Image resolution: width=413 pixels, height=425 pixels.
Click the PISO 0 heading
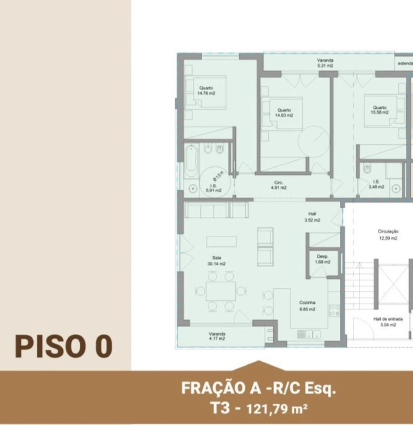[64, 346]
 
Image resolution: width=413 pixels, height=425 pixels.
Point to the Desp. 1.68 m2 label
[322, 259]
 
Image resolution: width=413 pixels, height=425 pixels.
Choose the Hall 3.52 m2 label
[312, 217]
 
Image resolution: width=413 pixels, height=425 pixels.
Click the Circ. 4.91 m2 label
[278, 185]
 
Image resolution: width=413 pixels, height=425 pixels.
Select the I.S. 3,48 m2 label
[376, 184]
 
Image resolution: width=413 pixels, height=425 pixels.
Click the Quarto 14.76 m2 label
[206, 91]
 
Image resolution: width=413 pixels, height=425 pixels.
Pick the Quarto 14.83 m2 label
[284, 113]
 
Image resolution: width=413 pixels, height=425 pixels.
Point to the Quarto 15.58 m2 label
[379, 110]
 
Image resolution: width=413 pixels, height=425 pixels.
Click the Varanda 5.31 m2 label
[325, 63]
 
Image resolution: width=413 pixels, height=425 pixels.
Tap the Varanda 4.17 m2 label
[217, 336]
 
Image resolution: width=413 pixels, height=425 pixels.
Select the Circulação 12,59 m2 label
[388, 235]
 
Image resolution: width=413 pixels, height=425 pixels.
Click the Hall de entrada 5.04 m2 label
[388, 322]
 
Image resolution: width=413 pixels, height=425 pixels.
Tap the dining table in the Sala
[221, 291]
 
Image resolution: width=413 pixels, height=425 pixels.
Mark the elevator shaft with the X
[393, 286]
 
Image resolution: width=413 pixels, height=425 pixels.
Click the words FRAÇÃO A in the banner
[221, 388]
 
